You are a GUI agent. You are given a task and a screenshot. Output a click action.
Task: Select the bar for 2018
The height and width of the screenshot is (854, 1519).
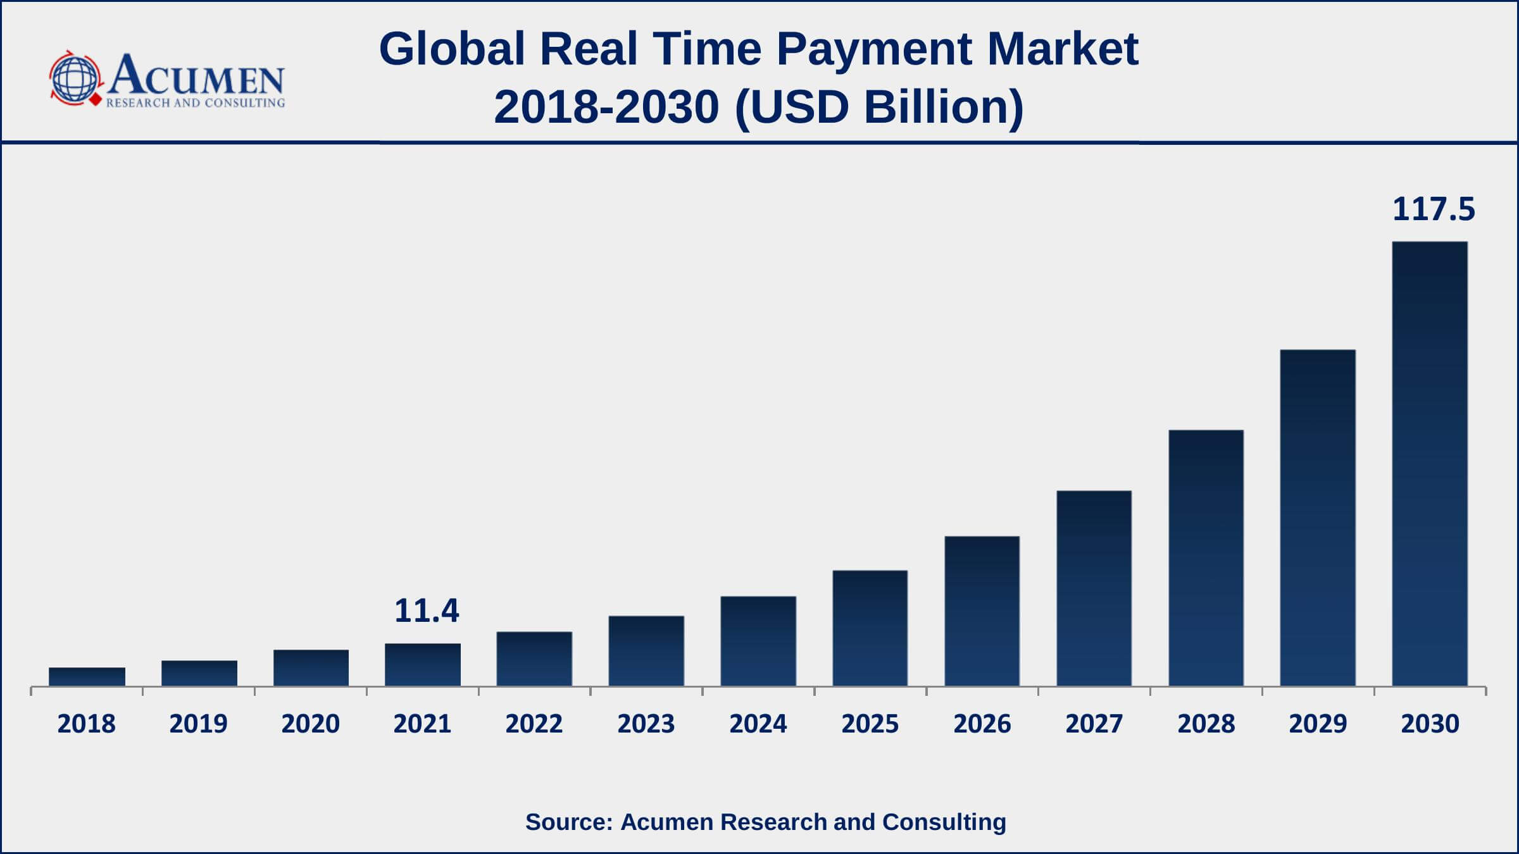point(87,676)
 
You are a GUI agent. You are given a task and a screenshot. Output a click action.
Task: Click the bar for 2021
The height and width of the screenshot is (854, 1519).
point(423,664)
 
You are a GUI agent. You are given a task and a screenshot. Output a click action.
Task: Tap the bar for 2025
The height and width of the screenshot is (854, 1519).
point(870,628)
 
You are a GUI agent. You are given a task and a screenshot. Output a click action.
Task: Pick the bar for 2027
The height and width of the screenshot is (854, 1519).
point(1094,588)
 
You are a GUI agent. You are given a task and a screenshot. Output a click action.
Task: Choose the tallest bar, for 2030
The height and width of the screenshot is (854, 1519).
point(1430,464)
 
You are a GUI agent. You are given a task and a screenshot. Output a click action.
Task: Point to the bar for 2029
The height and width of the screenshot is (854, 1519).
point(1318,517)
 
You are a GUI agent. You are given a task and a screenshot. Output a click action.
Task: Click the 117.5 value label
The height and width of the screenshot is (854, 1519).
point(1434,209)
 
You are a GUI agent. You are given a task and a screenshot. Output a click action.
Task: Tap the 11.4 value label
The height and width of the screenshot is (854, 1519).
point(427,611)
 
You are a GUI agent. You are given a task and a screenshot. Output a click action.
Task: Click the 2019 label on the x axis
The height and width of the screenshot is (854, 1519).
point(198,724)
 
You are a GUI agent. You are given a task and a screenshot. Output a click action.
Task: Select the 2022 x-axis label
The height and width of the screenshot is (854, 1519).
point(534,724)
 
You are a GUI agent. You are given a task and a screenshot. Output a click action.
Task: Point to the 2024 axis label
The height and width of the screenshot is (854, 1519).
point(758,724)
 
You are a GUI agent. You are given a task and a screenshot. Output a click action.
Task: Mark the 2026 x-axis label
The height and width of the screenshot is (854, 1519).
point(982,724)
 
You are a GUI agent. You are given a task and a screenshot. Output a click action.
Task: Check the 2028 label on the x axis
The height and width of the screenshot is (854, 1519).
point(1206,724)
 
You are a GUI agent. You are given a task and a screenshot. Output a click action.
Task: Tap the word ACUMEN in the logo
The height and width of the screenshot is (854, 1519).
point(196,76)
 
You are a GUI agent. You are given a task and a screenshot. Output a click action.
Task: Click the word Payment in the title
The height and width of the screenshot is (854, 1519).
point(874,49)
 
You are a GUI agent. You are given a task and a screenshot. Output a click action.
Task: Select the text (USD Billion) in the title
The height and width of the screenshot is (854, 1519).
point(879,106)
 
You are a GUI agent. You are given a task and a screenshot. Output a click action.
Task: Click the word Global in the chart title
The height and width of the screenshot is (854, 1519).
point(452,49)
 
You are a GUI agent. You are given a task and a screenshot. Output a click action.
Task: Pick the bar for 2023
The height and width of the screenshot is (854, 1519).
point(646,651)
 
